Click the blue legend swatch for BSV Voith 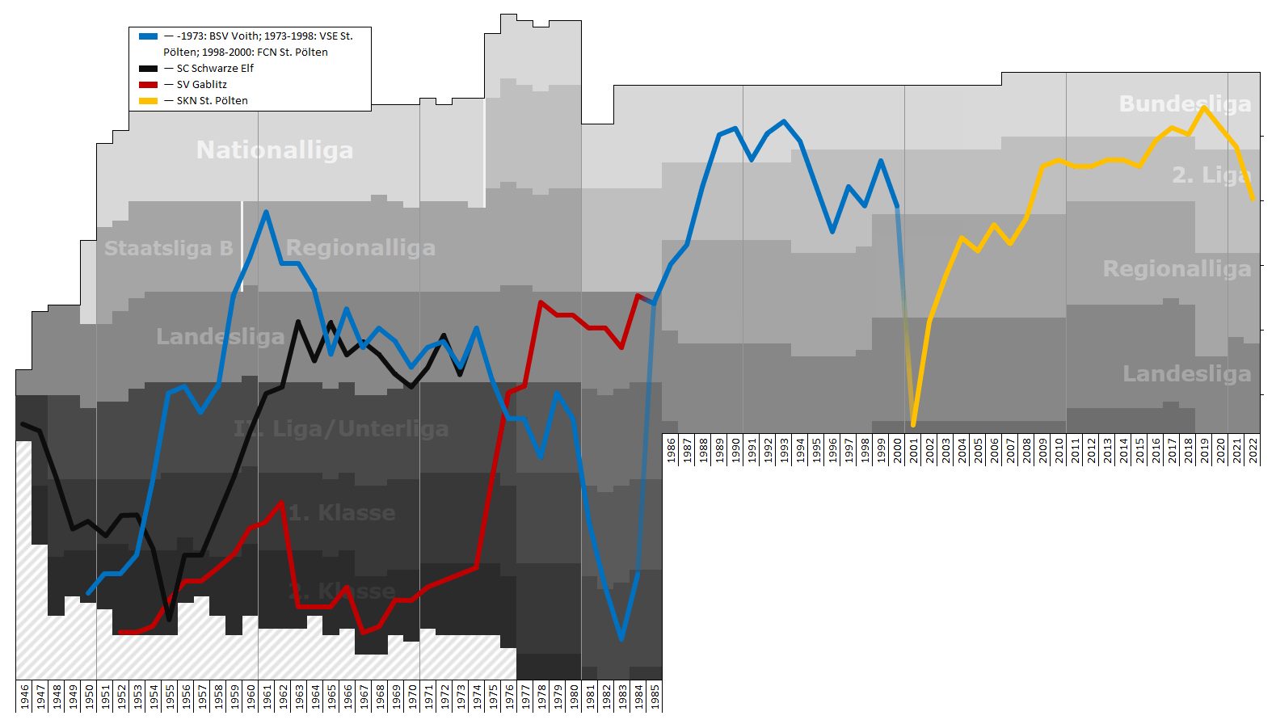(148, 36)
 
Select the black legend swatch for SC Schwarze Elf (148, 69)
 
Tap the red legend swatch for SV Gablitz (148, 85)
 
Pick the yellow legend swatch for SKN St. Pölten (148, 101)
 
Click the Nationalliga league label (275, 150)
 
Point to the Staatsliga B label (168, 248)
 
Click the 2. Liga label (1211, 175)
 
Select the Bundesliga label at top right (1185, 103)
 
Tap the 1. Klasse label (342, 512)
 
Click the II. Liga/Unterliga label (341, 428)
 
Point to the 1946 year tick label (24, 697)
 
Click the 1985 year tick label (655, 697)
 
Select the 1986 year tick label (671, 450)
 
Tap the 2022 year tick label (1253, 450)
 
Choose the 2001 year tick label (914, 450)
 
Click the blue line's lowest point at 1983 (621, 638)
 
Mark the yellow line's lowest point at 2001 (913, 424)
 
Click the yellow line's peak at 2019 (1204, 107)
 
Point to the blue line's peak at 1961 (266, 213)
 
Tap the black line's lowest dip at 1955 (169, 619)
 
